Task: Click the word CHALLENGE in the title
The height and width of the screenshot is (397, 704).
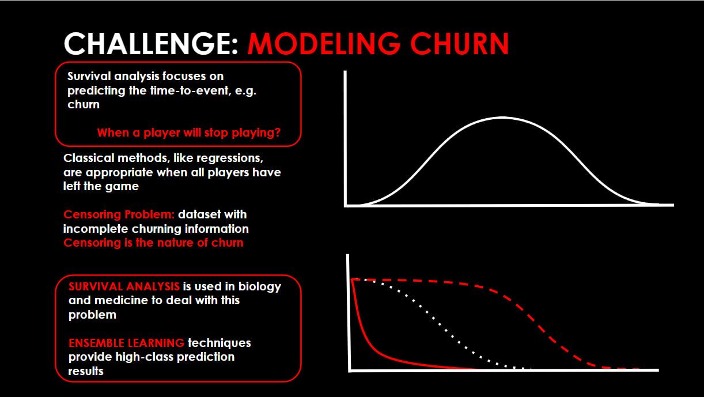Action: (151, 44)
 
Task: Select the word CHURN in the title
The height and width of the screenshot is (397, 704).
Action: (460, 44)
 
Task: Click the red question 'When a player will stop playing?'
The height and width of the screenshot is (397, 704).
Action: (188, 133)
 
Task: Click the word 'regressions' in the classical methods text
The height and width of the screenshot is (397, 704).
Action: (230, 158)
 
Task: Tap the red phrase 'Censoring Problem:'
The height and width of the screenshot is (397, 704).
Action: (119, 214)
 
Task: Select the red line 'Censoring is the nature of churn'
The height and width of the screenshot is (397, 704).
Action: (153, 243)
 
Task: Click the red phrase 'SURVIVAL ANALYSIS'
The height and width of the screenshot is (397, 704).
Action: (124, 286)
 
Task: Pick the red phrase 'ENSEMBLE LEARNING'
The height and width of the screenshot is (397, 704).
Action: (126, 343)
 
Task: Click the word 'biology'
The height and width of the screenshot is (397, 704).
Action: (260, 287)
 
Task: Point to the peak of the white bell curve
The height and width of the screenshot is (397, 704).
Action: (502, 118)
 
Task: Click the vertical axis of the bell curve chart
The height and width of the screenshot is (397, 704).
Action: (345, 138)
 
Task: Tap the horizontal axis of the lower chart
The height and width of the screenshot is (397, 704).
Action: (504, 370)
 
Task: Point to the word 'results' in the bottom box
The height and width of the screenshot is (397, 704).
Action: (86, 371)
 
